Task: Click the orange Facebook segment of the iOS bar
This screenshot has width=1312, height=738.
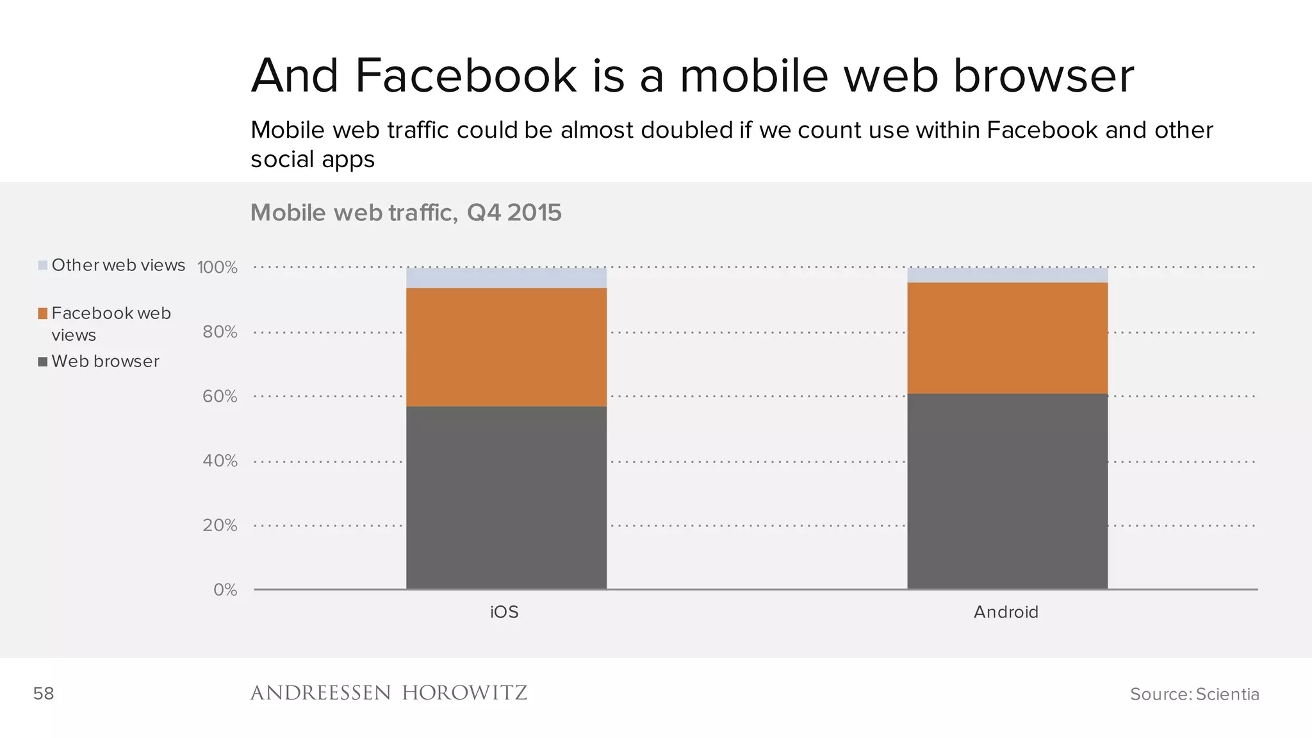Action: coord(506,347)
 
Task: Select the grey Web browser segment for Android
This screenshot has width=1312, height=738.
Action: coord(1007,491)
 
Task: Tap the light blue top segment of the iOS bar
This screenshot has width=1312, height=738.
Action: coord(506,277)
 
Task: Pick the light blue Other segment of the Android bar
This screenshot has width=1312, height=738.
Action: coord(1007,275)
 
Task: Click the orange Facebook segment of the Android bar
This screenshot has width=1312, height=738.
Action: coord(1007,338)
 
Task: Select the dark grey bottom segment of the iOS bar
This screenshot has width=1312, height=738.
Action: coord(506,497)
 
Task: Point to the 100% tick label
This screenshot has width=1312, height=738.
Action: coord(217,267)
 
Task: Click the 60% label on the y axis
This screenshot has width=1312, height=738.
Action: coord(220,397)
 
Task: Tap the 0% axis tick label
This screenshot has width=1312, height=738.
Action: coord(225,590)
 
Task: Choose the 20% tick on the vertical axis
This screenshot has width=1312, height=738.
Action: coord(220,525)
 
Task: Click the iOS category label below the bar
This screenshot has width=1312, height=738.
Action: coord(504,612)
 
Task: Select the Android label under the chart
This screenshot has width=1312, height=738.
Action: coord(1006,612)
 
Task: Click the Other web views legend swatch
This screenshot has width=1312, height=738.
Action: coord(43,265)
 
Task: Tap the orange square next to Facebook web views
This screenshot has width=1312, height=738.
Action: coord(43,313)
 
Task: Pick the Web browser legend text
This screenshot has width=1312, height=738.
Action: coord(105,361)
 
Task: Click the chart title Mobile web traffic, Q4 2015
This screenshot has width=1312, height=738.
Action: coord(406,213)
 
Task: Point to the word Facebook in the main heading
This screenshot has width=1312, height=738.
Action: coord(466,76)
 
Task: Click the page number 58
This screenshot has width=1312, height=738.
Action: coord(44,693)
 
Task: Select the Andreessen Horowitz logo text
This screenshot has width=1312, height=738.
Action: coord(388,693)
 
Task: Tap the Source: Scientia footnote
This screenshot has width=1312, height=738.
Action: coord(1194,694)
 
